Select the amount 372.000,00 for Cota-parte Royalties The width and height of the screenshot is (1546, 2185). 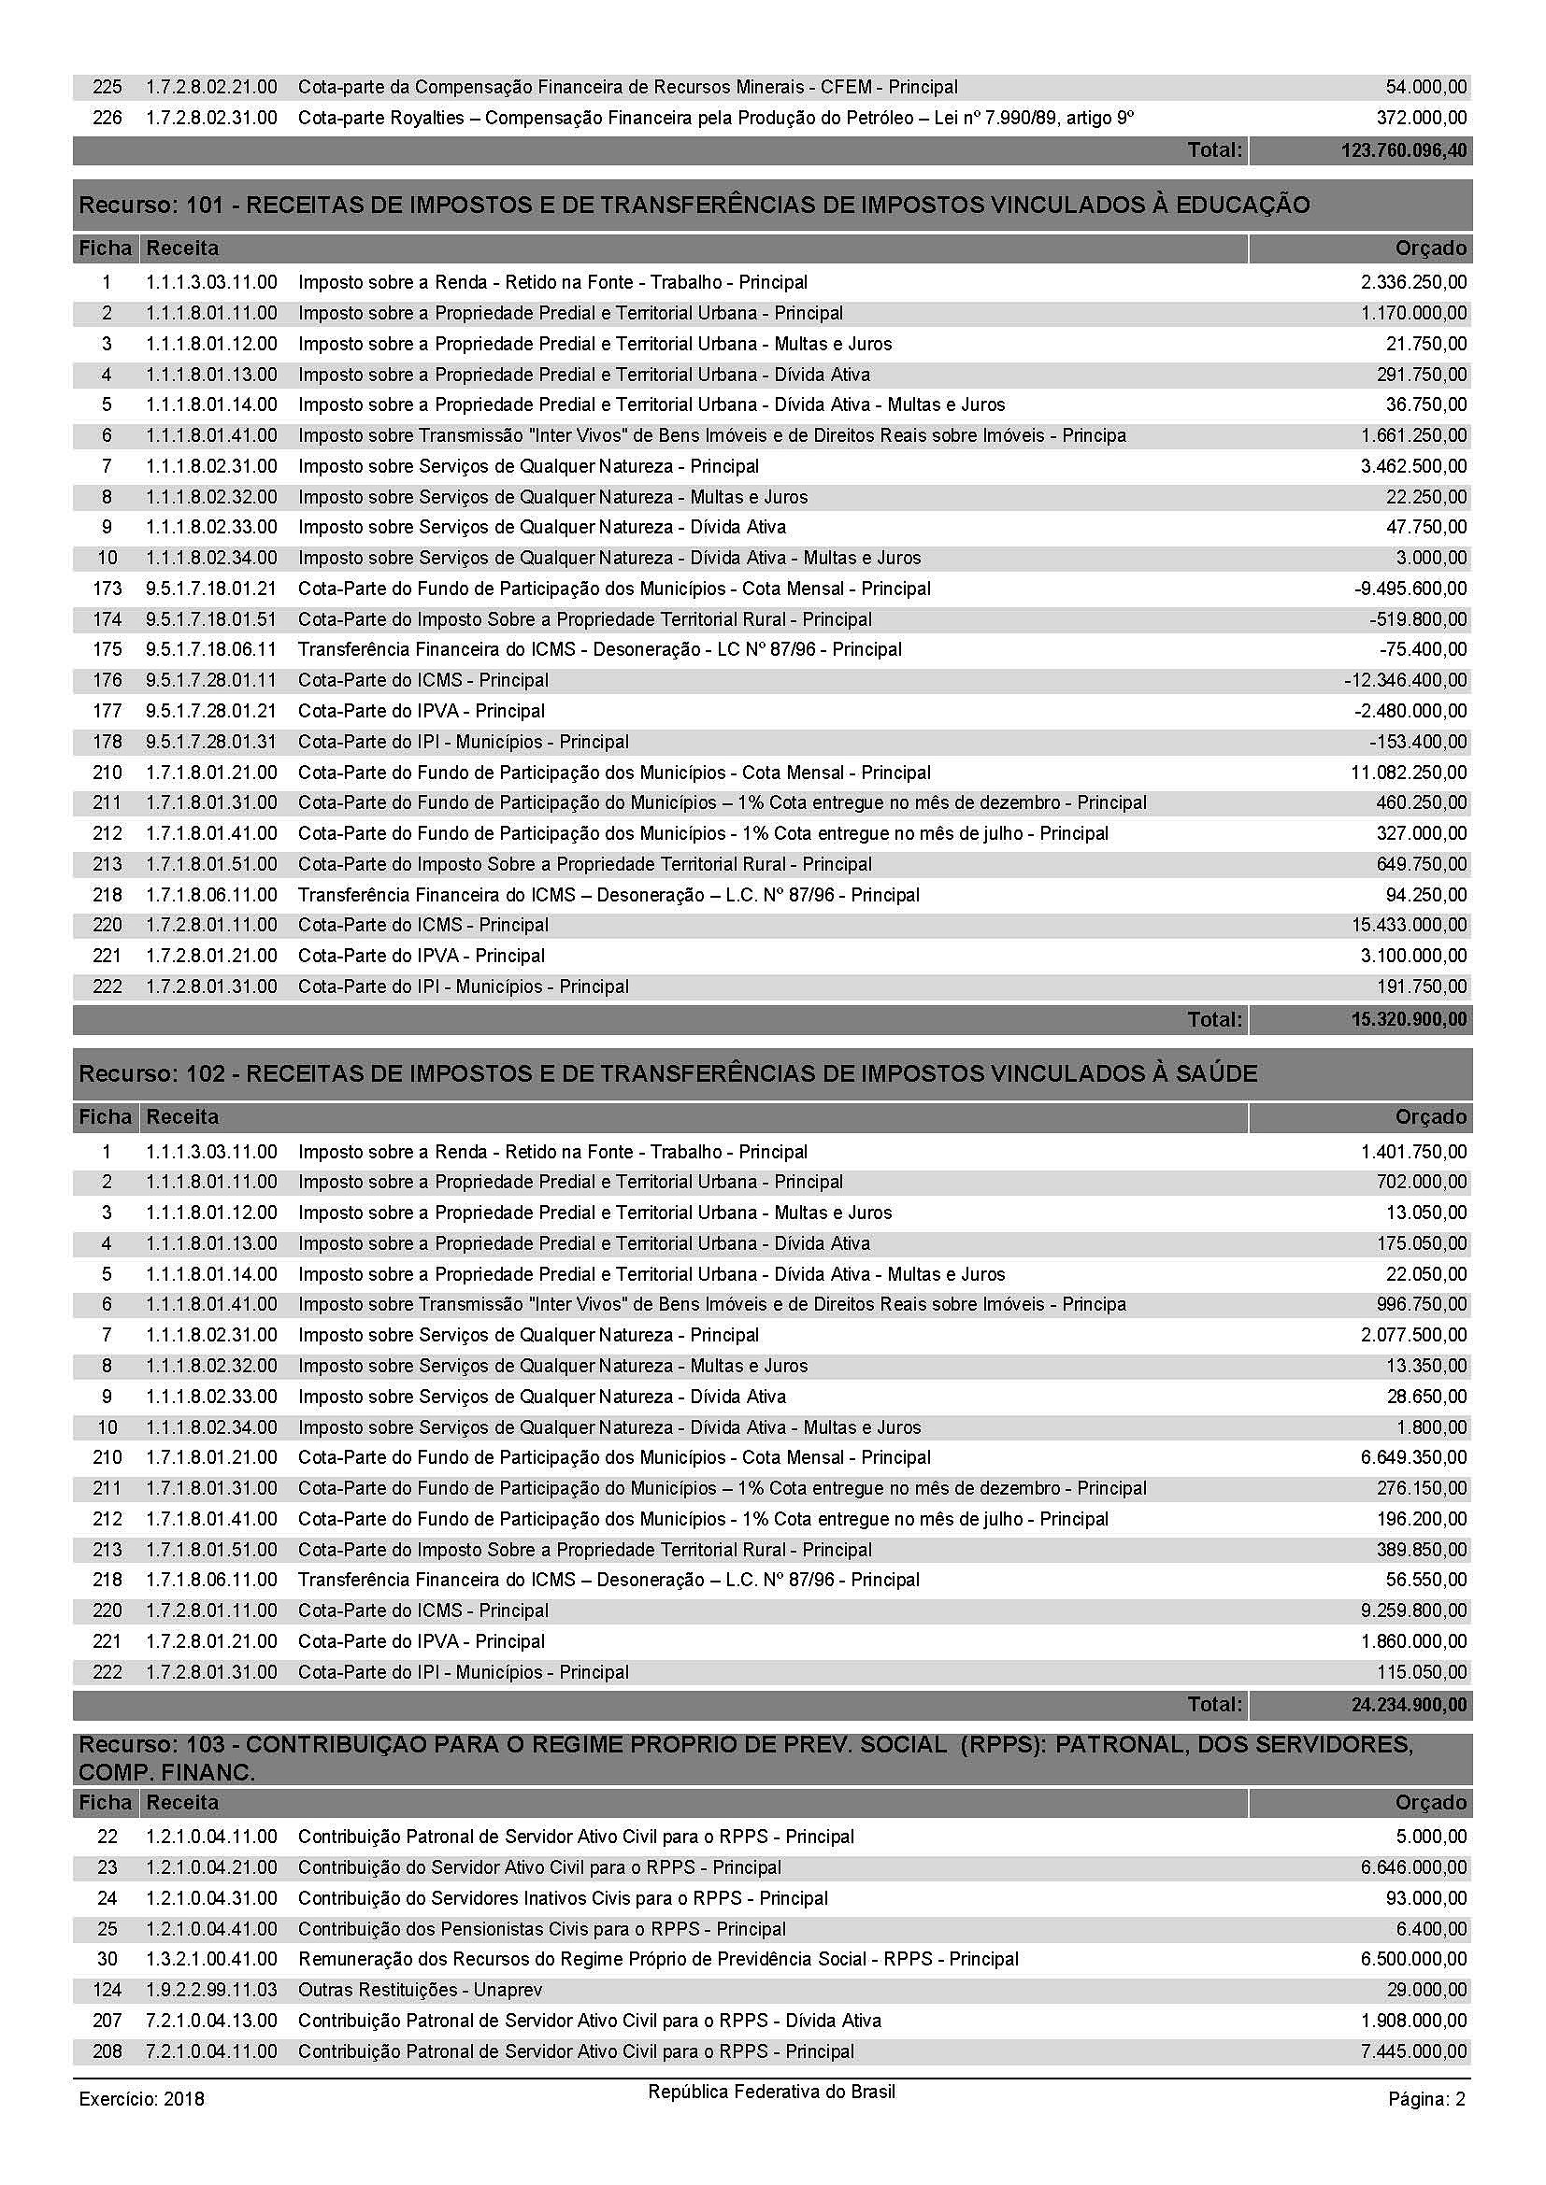[x=1425, y=118]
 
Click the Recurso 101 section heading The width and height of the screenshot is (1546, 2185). [x=694, y=205]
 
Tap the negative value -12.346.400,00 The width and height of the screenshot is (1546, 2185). [x=1405, y=680]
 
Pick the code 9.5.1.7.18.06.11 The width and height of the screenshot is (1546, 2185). [x=211, y=650]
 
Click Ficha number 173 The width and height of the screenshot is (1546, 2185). [x=107, y=589]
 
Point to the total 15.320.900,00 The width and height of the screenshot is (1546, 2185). [x=1409, y=1020]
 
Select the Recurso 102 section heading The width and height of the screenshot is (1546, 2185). [x=667, y=1073]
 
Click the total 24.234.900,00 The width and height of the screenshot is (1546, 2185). [x=1409, y=1705]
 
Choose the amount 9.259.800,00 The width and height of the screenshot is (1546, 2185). [x=1413, y=1611]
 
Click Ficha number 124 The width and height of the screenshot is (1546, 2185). [x=107, y=1990]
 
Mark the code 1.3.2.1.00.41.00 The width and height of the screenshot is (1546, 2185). [x=211, y=1960]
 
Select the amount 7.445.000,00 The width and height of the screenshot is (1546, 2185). [x=1413, y=2051]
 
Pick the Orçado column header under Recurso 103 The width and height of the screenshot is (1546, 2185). [x=1431, y=1802]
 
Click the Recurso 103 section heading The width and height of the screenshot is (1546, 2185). [x=745, y=1758]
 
